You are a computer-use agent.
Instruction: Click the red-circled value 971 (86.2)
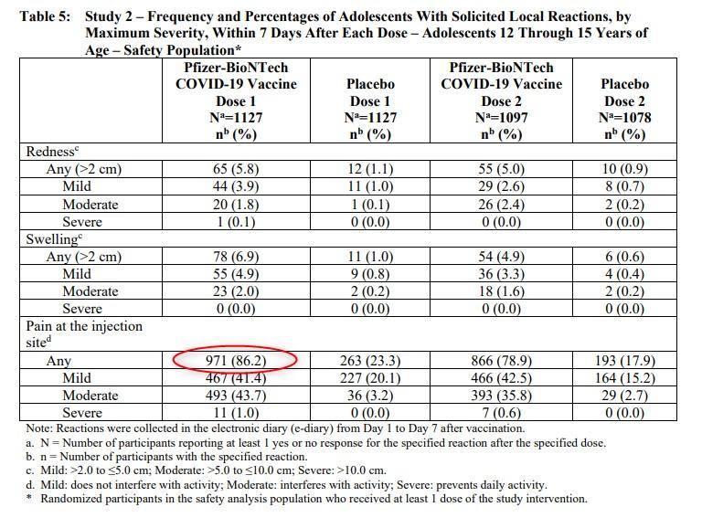(236, 361)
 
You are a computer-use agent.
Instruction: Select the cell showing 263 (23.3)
(370, 361)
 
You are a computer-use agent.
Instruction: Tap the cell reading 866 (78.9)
(502, 361)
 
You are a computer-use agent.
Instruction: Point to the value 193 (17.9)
(625, 361)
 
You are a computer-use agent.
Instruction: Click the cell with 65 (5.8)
(236, 169)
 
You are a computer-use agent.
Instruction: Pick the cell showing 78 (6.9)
(236, 257)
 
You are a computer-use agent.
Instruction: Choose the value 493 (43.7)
(236, 396)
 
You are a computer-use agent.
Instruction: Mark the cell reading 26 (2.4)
(502, 205)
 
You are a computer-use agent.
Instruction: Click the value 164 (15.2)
(625, 378)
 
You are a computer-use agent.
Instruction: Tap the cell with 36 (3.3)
(502, 274)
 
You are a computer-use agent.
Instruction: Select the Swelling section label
(54, 239)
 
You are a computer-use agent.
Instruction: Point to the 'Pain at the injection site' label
(84, 333)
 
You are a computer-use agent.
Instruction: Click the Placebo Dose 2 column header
(625, 92)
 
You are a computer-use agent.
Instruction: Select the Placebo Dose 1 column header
(370, 92)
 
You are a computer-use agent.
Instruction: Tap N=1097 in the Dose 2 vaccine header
(502, 118)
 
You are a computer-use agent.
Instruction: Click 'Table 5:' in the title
(45, 16)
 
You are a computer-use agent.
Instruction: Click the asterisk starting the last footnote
(28, 497)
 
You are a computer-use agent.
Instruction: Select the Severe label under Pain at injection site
(82, 413)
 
